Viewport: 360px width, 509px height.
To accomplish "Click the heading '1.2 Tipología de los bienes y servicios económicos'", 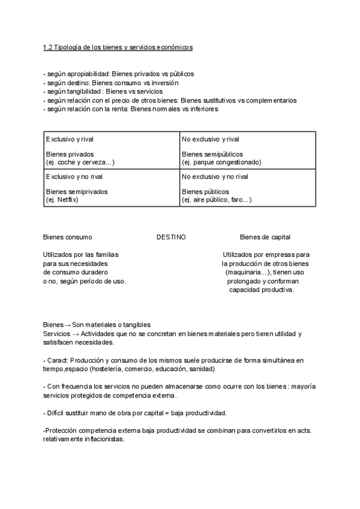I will point(118,47).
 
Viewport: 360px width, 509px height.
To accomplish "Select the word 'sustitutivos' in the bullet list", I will point(225,100).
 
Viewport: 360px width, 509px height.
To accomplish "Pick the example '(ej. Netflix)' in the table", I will point(62,199).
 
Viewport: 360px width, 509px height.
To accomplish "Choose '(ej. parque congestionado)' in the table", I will point(221,162).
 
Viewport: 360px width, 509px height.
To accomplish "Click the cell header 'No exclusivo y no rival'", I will point(215,177).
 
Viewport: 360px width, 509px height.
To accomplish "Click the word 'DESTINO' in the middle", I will point(171,237).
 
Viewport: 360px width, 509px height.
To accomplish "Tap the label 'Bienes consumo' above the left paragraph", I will point(67,237).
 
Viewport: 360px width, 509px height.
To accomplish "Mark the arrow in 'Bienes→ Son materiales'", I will point(67,325).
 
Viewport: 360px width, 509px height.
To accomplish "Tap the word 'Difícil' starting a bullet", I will point(56,414).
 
